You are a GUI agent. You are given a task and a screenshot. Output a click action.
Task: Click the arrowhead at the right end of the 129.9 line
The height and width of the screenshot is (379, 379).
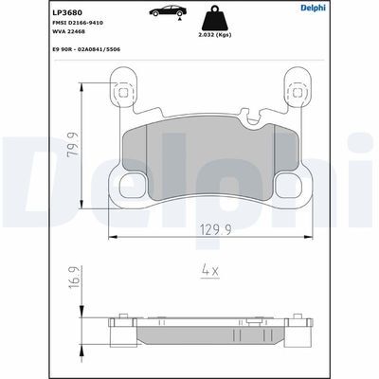click(x=302, y=236)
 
